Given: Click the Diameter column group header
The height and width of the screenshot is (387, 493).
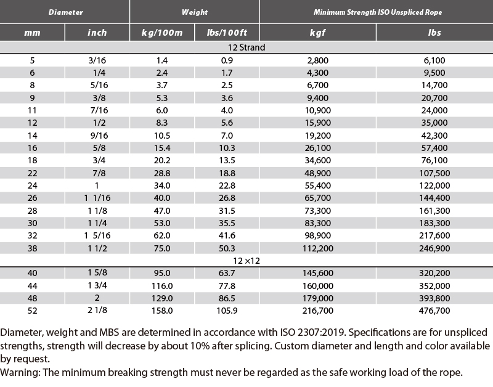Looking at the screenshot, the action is [x=66, y=12].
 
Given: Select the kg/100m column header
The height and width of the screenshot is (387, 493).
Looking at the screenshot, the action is [x=162, y=33].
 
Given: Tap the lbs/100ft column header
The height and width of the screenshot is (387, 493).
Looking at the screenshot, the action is [x=227, y=33].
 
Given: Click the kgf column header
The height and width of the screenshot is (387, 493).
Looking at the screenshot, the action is [x=317, y=33].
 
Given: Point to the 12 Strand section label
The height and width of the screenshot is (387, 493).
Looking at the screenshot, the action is [x=246, y=47].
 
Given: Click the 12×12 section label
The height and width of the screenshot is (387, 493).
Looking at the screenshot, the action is [x=246, y=261].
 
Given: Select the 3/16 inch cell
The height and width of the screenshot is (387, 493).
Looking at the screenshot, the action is [x=97, y=60].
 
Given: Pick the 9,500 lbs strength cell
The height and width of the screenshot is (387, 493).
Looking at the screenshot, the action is [x=434, y=73].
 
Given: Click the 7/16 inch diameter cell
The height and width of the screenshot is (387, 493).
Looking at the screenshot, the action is [x=99, y=110].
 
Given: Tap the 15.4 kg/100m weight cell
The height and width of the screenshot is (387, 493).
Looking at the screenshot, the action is [x=162, y=148].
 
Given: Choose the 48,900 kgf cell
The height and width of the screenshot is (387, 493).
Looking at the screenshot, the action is [x=317, y=173].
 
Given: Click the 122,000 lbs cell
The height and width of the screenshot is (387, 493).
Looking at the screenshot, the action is [x=434, y=185].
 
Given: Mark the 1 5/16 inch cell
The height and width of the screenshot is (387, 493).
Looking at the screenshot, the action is [x=97, y=235].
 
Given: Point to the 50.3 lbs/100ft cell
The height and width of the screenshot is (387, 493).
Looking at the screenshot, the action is [x=227, y=248].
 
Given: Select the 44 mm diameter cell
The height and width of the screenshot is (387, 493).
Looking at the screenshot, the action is [x=32, y=286].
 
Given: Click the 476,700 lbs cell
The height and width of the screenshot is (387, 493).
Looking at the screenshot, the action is [x=434, y=311].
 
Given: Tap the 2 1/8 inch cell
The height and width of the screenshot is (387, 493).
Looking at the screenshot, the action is [x=97, y=311].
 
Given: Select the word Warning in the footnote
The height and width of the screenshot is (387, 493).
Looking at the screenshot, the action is [x=20, y=373].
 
